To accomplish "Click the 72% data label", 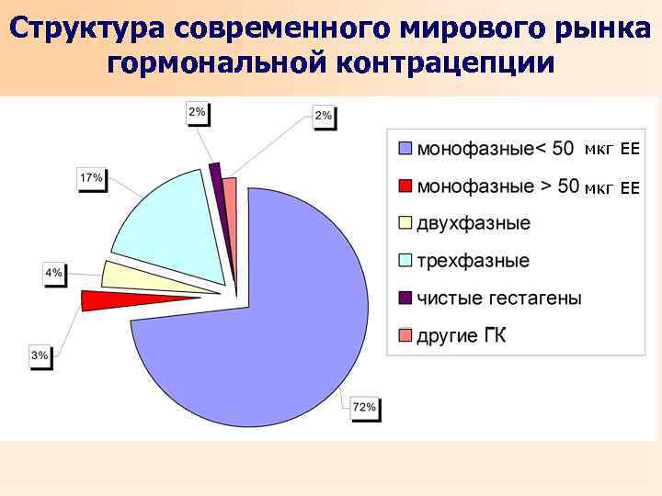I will pyautogui.click(x=365, y=407).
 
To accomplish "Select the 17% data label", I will pyautogui.click(x=91, y=177).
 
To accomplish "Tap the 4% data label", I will pyautogui.click(x=54, y=273).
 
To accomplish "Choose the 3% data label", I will pyautogui.click(x=40, y=355).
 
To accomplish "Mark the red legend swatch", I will pyautogui.click(x=406, y=186).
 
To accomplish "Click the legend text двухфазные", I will pyautogui.click(x=474, y=223).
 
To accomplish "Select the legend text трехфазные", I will pyautogui.click(x=474, y=261).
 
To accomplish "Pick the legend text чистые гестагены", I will pyautogui.click(x=499, y=299).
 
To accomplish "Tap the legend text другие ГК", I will pyautogui.click(x=462, y=336).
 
